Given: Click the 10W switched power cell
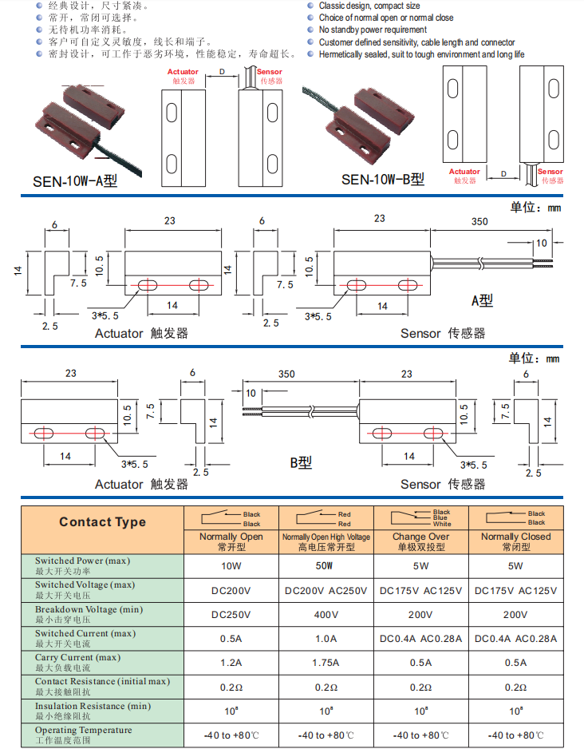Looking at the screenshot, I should click(231, 566).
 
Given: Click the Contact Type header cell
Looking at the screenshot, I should click(103, 522).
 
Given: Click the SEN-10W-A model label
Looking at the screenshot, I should click(75, 181).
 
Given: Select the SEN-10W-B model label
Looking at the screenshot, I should click(383, 180).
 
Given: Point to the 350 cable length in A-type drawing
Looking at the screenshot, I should click(479, 222).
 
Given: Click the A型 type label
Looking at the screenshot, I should click(482, 300).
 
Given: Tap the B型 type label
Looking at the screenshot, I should click(301, 462).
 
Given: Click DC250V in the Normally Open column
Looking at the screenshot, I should click(231, 615).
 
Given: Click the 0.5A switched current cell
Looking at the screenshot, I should click(231, 639).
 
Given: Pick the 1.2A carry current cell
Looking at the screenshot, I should click(231, 663).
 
